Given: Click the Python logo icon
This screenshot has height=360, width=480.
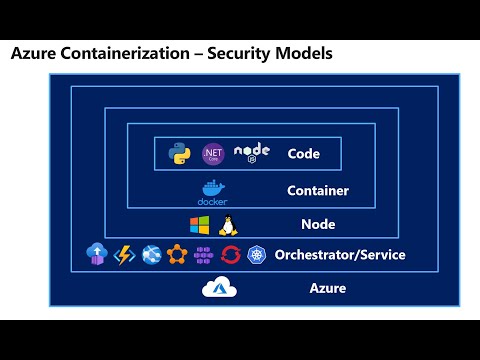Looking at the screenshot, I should (180, 154).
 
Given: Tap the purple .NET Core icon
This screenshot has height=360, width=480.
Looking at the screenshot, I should (212, 153).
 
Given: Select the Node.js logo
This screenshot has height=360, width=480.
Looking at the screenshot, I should (251, 153).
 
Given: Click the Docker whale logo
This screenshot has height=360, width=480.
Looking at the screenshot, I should (212, 190).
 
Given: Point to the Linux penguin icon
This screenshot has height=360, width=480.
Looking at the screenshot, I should (226, 224).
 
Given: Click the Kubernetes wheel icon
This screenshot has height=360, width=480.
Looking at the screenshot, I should (257, 255).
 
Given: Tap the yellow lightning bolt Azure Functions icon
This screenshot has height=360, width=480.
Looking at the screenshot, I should (125, 255).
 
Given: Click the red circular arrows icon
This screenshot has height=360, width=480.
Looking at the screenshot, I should (231, 255).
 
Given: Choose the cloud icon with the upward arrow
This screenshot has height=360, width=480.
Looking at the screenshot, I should (97, 255).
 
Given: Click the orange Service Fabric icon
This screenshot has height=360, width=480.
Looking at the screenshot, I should (178, 255).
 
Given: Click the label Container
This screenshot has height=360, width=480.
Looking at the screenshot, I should (317, 190).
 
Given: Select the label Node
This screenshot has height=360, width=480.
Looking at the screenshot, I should (318, 224).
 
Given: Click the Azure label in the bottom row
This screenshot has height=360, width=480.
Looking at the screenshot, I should (327, 289).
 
